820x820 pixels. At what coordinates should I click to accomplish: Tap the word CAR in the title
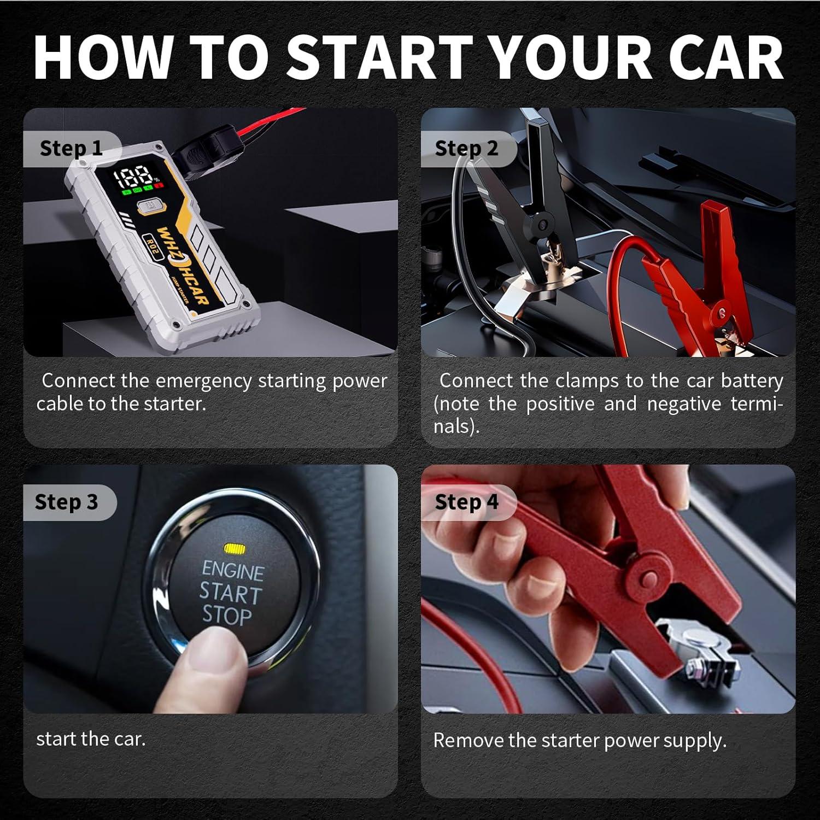[x=726, y=57]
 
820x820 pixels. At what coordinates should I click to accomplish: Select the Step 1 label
[x=71, y=148]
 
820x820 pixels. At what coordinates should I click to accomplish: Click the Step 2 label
[x=466, y=148]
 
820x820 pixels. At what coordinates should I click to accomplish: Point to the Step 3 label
[x=66, y=502]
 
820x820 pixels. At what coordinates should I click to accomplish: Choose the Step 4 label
[x=466, y=502]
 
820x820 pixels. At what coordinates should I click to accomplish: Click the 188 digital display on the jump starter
[x=133, y=177]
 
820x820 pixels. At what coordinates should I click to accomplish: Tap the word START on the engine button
[x=230, y=593]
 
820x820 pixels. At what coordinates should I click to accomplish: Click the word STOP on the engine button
[x=227, y=616]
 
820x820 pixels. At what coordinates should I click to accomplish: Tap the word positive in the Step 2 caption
[x=560, y=404]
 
